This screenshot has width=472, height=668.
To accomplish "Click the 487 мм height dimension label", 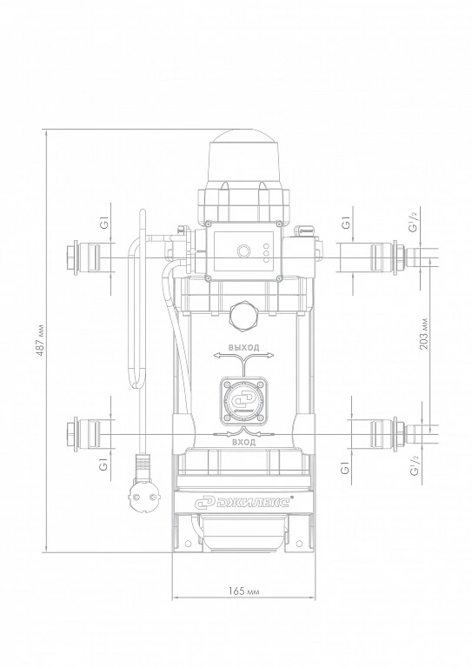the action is (x=40, y=341).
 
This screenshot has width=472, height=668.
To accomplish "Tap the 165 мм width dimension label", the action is (x=244, y=591).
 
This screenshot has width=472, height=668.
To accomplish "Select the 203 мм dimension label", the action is (x=424, y=334).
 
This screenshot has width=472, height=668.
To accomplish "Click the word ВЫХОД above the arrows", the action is (x=244, y=348).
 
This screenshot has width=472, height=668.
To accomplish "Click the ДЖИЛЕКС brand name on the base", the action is (x=248, y=501).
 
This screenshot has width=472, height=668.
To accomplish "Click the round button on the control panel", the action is (x=244, y=250).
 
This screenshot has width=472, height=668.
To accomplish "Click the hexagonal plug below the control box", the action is (x=244, y=317).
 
